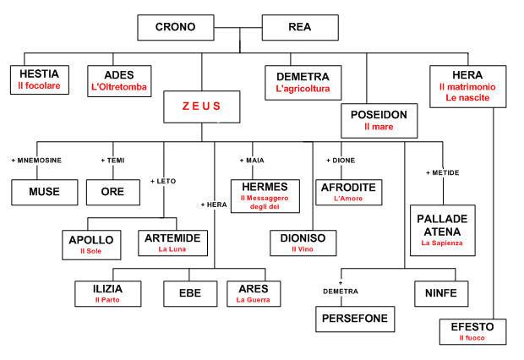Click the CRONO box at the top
pos(175,28)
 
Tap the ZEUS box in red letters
pos(201,106)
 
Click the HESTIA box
pos(39,80)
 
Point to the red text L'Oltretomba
pos(118,87)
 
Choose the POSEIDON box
pos(379,120)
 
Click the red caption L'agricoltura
pos(302,89)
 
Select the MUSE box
pos(44,192)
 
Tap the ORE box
pos(112,192)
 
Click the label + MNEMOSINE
pos(35,160)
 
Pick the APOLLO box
pos(90,244)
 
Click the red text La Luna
pos(172,249)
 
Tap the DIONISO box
pos(303,243)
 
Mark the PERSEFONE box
pos(355,319)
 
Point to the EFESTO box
pos(473,330)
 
